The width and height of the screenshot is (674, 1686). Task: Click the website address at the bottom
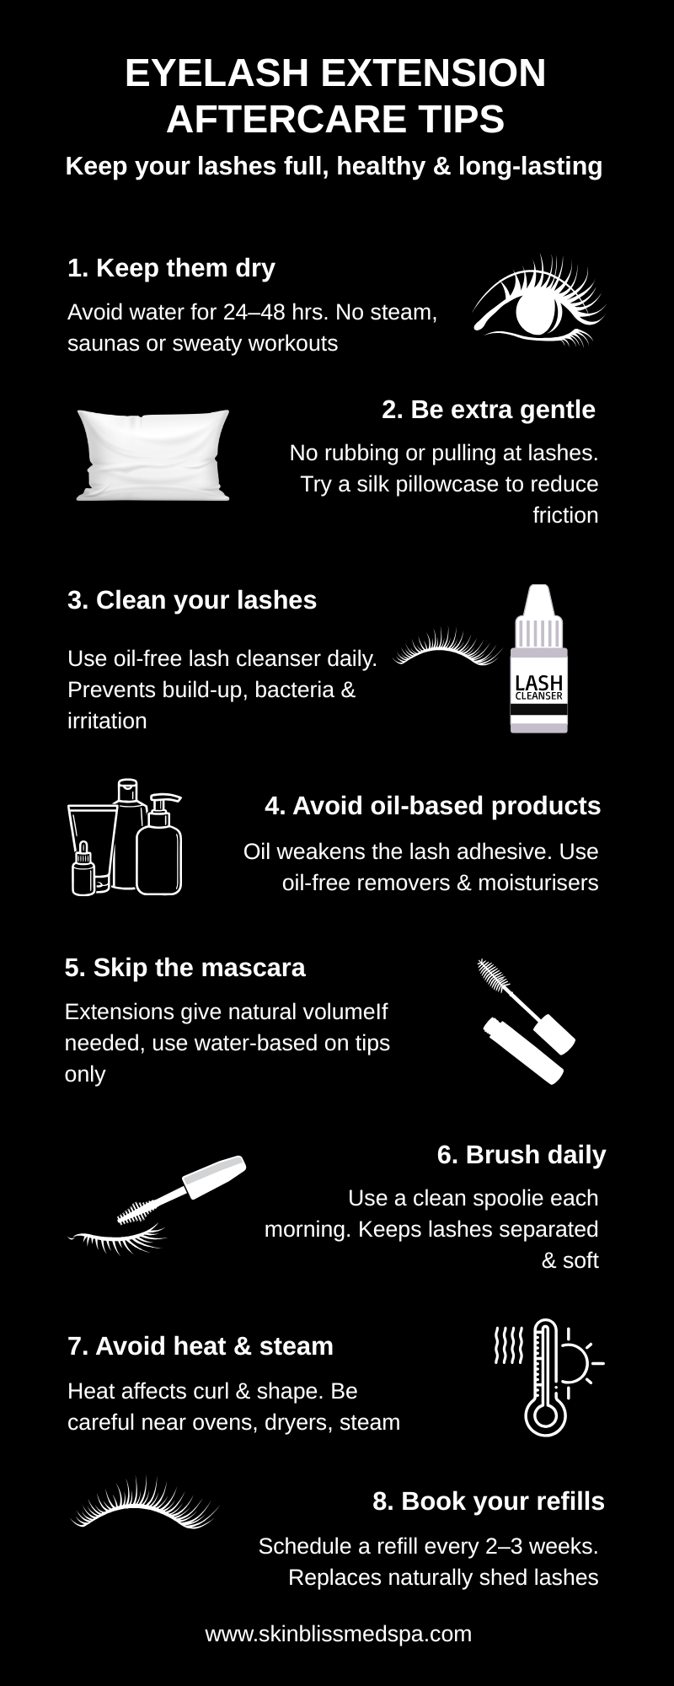click(x=338, y=1633)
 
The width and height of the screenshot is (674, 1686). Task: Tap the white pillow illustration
click(x=152, y=455)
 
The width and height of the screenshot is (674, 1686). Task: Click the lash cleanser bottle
click(x=538, y=658)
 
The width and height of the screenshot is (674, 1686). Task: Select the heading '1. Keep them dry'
click(x=171, y=268)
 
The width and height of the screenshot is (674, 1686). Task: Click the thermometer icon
click(x=546, y=1377)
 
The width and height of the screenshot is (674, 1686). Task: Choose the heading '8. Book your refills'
click(x=489, y=1501)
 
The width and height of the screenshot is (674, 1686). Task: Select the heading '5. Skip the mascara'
click(x=185, y=967)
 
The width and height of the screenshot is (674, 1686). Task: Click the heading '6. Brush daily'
click(x=522, y=1154)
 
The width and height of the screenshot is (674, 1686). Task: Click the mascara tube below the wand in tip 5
click(x=522, y=1050)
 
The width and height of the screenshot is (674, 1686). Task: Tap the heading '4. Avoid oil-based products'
click(x=432, y=805)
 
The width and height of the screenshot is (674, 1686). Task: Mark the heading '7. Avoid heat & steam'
click(x=201, y=1345)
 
